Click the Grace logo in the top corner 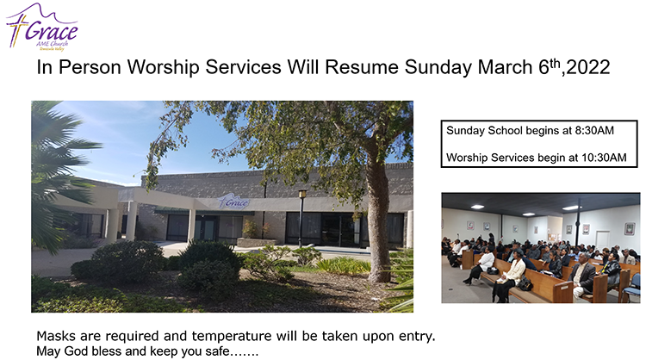[41, 28]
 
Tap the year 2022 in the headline [588, 67]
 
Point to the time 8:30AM [594, 131]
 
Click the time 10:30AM [604, 158]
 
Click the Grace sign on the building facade [233, 202]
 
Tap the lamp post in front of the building [302, 218]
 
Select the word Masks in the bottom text [57, 336]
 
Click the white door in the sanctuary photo [602, 240]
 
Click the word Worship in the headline [163, 67]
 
